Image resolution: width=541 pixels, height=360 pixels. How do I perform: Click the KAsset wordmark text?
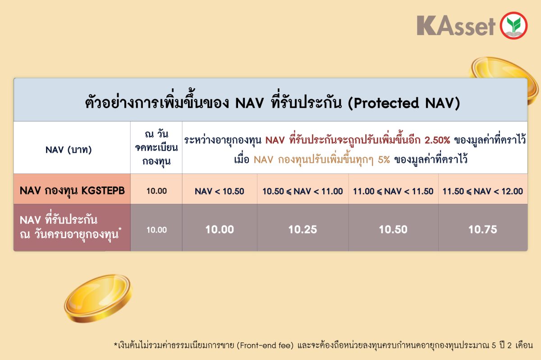click(x=456, y=26)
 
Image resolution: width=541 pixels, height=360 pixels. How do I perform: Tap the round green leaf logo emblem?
click(x=513, y=25)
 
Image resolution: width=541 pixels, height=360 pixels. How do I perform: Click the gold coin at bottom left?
click(x=98, y=298)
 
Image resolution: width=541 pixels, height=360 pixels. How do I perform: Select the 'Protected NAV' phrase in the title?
click(x=404, y=103)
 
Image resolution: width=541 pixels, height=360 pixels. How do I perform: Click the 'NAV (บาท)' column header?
click(x=69, y=150)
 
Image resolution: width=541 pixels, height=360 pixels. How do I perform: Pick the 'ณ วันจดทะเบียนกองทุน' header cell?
click(x=156, y=147)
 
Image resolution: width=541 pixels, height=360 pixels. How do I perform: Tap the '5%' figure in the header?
click(x=384, y=159)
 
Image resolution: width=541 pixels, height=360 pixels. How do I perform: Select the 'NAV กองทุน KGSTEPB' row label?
click(x=72, y=191)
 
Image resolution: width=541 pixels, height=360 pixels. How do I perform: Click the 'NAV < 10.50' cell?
click(x=219, y=191)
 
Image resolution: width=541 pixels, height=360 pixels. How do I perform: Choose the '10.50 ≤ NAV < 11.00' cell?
click(x=303, y=191)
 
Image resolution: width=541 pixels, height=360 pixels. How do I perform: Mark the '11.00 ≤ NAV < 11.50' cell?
click(x=393, y=191)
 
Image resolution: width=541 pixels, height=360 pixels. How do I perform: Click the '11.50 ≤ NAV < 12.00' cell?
click(x=483, y=191)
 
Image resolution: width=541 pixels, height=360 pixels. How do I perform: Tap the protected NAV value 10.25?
click(x=303, y=230)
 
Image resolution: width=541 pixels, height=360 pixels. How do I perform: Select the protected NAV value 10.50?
click(x=393, y=230)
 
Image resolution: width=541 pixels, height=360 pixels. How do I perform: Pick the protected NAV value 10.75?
click(x=483, y=230)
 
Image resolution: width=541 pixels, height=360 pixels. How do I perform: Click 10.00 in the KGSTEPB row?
click(x=156, y=191)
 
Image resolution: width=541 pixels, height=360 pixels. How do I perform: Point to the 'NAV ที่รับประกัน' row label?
click(x=59, y=220)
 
